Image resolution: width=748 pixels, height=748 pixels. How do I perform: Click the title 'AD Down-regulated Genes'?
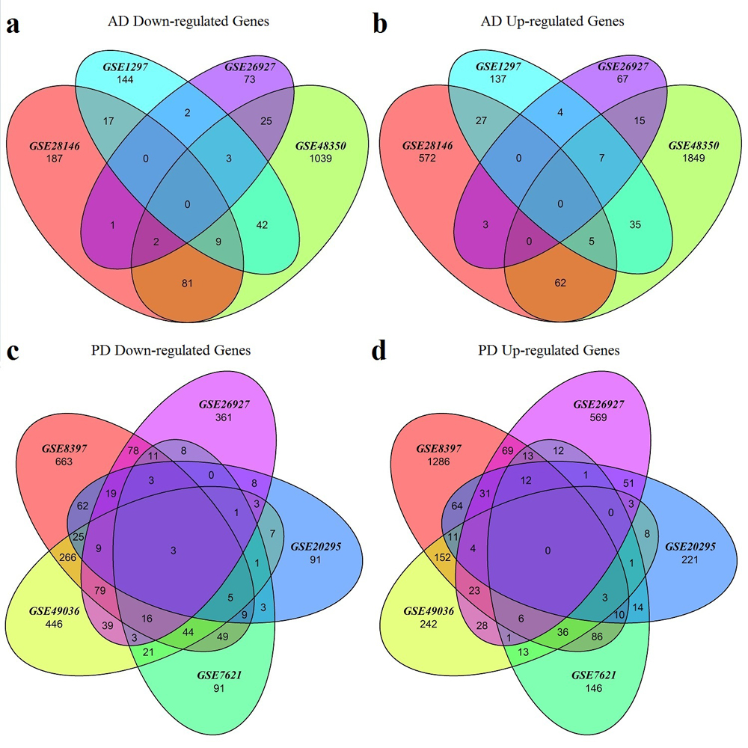point(187,22)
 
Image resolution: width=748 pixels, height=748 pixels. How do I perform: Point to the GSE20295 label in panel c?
point(317,547)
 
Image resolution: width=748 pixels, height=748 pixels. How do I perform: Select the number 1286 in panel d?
point(438,463)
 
